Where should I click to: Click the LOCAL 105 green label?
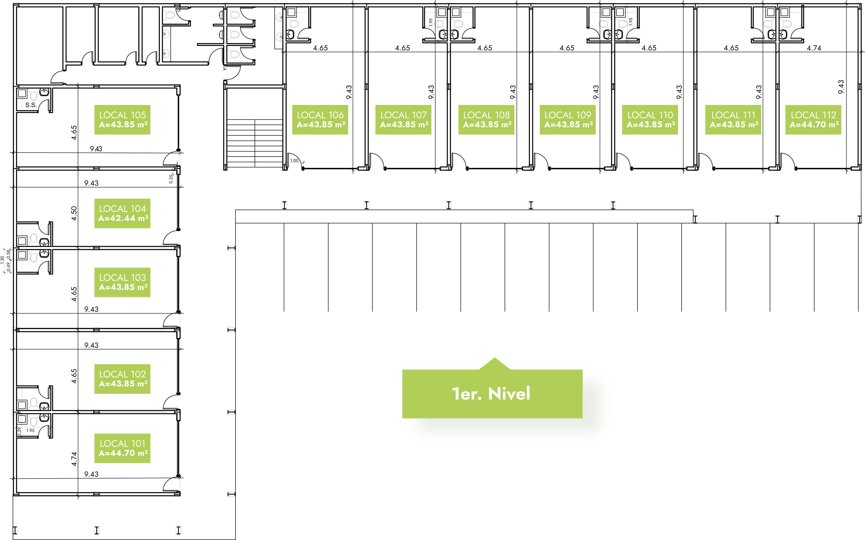pos(122,120)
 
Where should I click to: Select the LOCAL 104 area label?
pos(122,213)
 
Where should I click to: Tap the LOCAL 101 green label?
pos(122,448)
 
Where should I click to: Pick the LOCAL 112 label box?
pos(813,120)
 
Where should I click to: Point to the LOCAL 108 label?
pos(486,120)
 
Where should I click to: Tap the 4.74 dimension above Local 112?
pos(814,48)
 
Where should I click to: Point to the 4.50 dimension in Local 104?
pos(74,213)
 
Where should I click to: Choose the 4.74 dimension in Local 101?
pos(74,459)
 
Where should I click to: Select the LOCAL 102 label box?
pos(122,379)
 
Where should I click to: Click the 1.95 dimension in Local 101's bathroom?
pos(30,430)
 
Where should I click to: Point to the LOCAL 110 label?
pos(650,120)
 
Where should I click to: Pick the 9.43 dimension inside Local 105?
pos(96,148)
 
